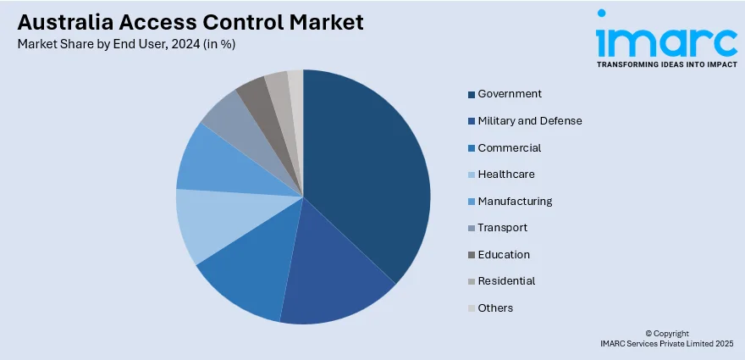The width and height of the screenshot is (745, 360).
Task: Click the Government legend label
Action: click(510, 94)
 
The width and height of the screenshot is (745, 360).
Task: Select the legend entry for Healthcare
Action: click(506, 174)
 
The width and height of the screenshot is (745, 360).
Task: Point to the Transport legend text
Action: click(503, 227)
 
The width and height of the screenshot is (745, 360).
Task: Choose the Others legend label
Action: click(495, 307)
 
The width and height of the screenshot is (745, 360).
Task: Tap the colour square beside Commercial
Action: click(472, 148)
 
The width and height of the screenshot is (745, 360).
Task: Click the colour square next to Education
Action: click(472, 255)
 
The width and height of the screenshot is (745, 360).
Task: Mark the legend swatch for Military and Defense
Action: click(472, 121)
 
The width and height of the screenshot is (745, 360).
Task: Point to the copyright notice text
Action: click(667, 339)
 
